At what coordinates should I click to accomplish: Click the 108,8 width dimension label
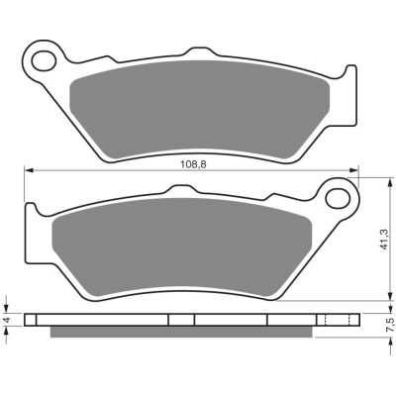click(193, 164)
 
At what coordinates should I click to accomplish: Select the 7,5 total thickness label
click(391, 325)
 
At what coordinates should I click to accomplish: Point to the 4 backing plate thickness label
click(8, 319)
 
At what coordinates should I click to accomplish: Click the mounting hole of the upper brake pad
click(44, 60)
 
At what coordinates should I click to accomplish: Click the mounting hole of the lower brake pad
click(338, 198)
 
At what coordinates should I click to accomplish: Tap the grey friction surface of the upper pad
click(200, 110)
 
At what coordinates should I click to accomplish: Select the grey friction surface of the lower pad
click(182, 247)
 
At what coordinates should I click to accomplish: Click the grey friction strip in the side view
click(181, 332)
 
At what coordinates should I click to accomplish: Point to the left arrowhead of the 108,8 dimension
click(29, 170)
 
